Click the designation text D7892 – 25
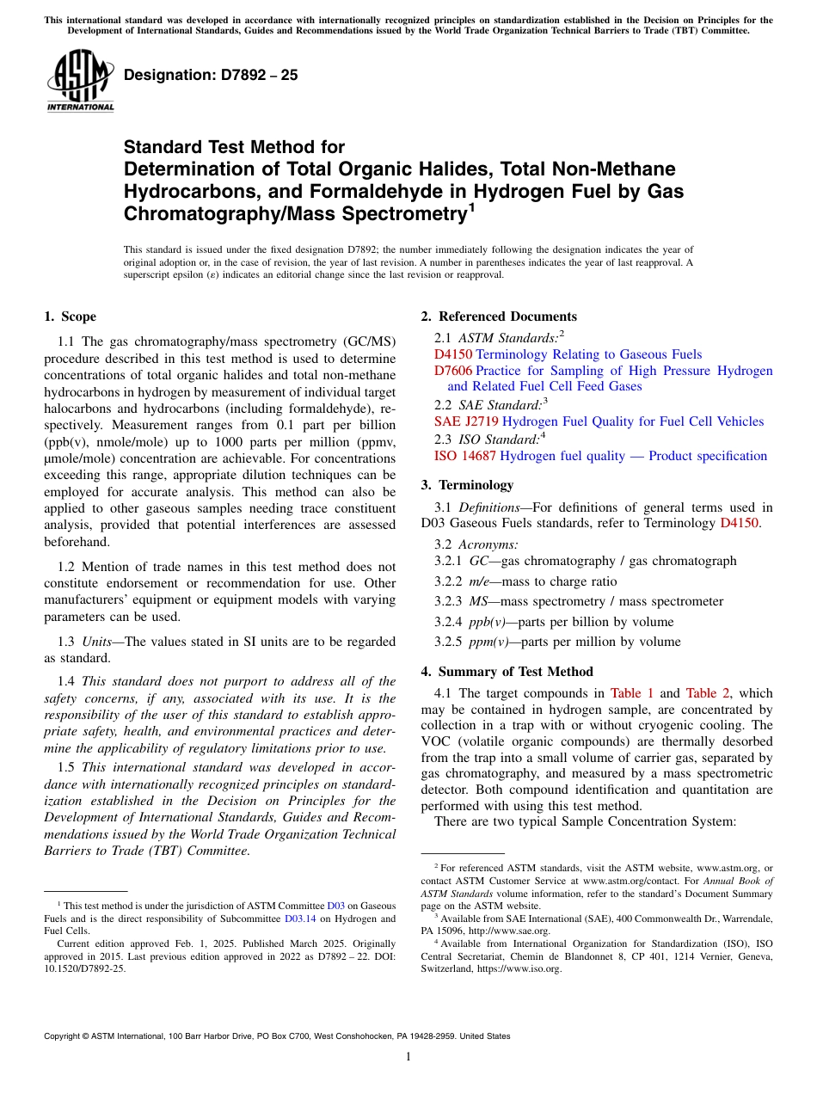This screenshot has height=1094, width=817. click(211, 75)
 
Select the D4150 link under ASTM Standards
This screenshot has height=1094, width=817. click(453, 354)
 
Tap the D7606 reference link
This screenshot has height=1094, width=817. click(453, 371)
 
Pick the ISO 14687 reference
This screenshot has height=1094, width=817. click(464, 456)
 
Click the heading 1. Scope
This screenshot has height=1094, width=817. click(70, 317)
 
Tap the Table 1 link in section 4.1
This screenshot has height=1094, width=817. click(632, 693)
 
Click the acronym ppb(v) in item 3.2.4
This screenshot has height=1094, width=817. click(488, 622)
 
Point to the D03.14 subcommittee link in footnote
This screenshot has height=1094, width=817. click(298, 919)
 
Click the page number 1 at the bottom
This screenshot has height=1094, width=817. click(408, 1057)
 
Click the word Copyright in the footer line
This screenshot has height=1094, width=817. click(64, 1036)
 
